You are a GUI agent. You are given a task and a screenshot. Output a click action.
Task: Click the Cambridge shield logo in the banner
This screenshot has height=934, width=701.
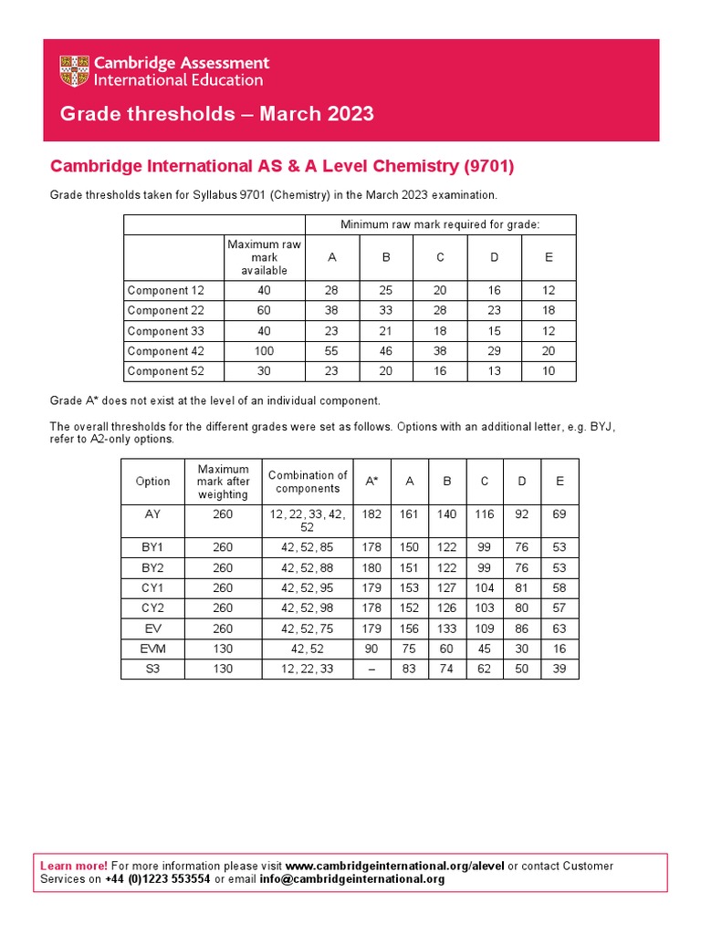(76, 71)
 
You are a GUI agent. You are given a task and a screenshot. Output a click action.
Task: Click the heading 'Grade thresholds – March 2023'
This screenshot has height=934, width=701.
(216, 114)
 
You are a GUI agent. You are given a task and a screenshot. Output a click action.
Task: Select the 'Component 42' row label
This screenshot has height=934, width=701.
(165, 351)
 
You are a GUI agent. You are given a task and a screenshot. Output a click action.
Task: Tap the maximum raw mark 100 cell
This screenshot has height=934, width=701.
(264, 351)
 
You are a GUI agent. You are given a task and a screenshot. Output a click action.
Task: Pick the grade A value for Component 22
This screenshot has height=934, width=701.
(332, 310)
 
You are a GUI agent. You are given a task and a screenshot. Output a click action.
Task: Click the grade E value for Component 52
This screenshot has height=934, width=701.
(549, 371)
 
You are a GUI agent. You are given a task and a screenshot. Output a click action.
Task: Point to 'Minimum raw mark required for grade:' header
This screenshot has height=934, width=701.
(440, 224)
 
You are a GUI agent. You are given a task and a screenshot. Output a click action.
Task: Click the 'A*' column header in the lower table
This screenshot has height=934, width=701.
(371, 481)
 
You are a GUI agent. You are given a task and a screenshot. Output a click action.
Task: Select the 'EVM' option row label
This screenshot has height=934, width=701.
(152, 649)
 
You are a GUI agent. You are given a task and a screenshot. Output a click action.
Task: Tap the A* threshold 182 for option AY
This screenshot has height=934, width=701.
(371, 514)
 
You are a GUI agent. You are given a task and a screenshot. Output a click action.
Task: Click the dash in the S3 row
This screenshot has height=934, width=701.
(371, 669)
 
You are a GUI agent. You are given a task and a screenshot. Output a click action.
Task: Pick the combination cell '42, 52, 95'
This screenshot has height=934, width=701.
(308, 588)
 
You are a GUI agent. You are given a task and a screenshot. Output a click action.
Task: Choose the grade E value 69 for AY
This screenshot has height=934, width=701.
(560, 514)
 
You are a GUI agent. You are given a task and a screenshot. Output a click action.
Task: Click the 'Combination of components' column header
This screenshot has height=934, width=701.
(308, 482)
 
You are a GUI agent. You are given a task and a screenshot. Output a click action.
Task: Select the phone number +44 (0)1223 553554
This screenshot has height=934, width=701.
(158, 879)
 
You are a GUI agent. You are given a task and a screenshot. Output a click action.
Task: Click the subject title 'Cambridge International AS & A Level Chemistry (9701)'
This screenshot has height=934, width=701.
(282, 166)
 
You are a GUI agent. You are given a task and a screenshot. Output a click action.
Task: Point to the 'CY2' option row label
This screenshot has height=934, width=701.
(152, 608)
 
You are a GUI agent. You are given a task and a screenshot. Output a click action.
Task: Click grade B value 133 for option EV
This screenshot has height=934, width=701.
(446, 628)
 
